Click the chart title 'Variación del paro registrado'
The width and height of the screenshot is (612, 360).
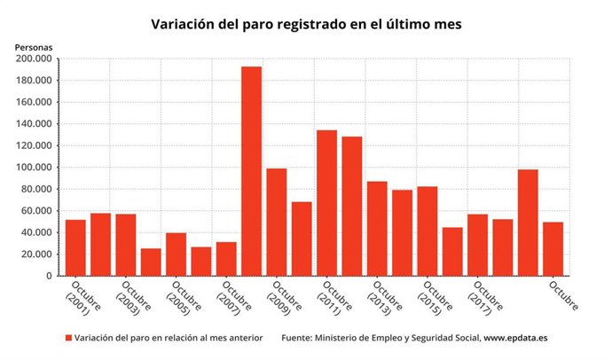tap(305, 24)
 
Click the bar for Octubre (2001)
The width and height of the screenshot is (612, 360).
tap(75, 247)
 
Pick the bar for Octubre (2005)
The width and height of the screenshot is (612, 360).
tap(176, 254)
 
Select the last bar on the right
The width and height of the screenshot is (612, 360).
tap(553, 248)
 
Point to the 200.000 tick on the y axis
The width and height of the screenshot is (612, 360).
tap(34, 59)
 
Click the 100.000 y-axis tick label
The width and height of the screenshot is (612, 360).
tap(34, 168)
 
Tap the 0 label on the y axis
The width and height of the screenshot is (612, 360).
tap(51, 276)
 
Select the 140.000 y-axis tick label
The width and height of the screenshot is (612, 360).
tap(34, 124)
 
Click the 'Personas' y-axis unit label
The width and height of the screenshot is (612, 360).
tap(34, 45)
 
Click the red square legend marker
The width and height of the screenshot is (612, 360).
tap(68, 339)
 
